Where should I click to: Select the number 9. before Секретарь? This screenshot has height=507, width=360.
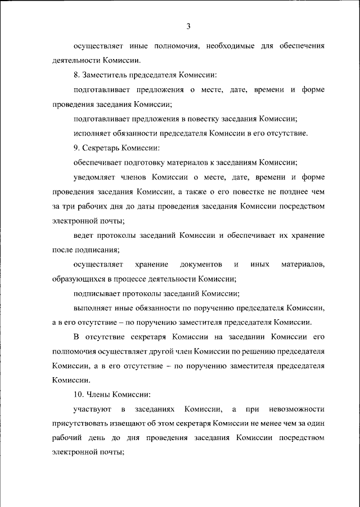pyautogui.click(x=78, y=148)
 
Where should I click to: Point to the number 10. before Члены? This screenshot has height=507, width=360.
pyautogui.click(x=79, y=393)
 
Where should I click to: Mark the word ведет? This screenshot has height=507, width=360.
pyautogui.click(x=83, y=236)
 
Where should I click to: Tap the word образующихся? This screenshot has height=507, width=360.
pyautogui.click(x=76, y=279)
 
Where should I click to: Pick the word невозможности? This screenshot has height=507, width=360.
pyautogui.click(x=296, y=408)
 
